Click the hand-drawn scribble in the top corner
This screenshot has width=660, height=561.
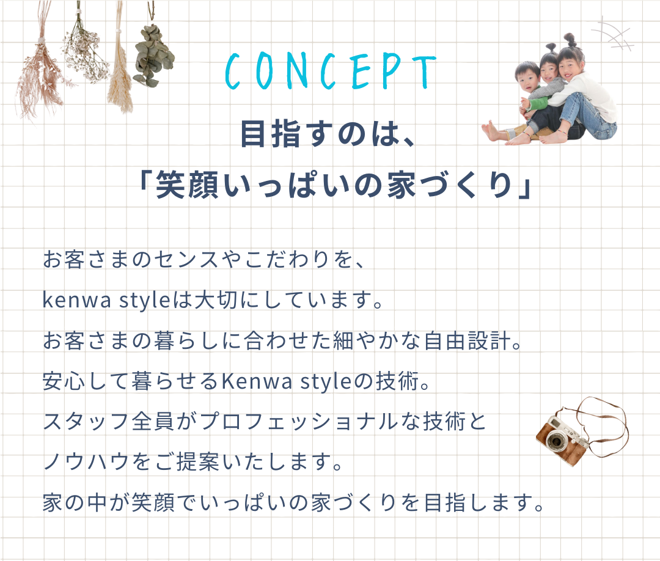pos(612,35)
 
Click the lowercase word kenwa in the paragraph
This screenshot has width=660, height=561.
pos(77,301)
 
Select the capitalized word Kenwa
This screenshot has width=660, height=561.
pos(257,381)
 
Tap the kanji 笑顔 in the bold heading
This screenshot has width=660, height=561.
pos(188,186)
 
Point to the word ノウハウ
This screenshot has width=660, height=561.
pos(86,462)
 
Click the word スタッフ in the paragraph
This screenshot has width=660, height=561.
pos(86,422)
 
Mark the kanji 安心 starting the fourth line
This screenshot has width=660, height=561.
pos(64,381)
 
